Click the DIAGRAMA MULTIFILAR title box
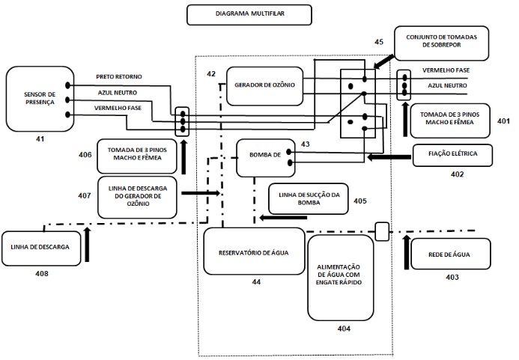coord(249,14)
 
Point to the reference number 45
coord(380,42)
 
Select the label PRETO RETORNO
coord(124,77)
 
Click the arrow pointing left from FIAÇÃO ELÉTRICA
coord(388,157)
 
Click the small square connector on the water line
coord(381,231)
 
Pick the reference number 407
coord(85,195)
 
